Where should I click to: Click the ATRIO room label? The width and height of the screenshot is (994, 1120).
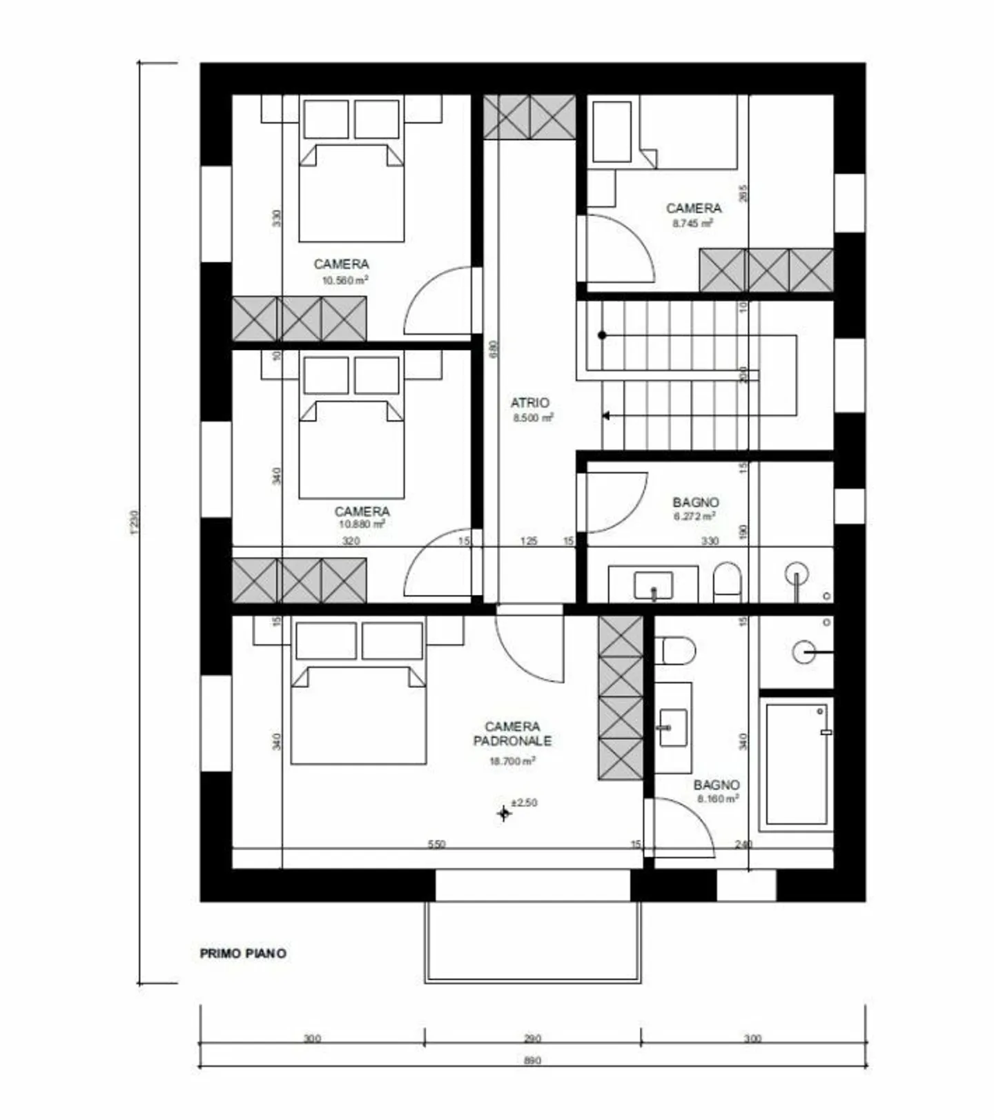tap(529, 402)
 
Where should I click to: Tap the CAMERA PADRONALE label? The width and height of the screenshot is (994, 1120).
tap(511, 734)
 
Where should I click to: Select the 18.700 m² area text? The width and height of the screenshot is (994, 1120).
tap(511, 762)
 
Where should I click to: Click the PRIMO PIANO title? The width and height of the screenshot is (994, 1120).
tap(243, 954)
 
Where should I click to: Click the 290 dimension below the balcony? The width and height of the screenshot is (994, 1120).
tap(532, 1039)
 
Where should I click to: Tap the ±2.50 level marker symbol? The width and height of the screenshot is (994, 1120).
tap(505, 814)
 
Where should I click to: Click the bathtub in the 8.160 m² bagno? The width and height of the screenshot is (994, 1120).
tap(796, 764)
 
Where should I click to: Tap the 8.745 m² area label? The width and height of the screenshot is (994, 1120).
tap(692, 224)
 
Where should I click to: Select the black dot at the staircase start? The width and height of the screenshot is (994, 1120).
tap(602, 335)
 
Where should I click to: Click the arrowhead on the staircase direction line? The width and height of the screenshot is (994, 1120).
tap(606, 416)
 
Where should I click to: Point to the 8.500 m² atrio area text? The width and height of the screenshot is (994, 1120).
tap(532, 418)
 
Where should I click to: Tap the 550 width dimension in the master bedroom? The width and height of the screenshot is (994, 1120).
tap(436, 844)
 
